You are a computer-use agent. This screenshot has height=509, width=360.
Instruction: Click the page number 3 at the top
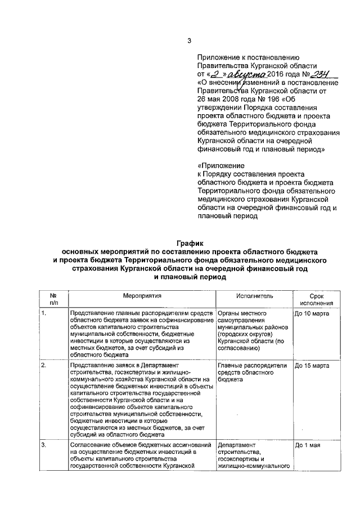(190, 40)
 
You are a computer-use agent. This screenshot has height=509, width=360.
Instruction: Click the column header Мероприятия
(142, 295)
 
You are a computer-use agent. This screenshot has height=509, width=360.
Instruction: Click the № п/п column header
(53, 299)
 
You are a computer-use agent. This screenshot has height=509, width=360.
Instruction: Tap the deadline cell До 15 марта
(312, 366)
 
